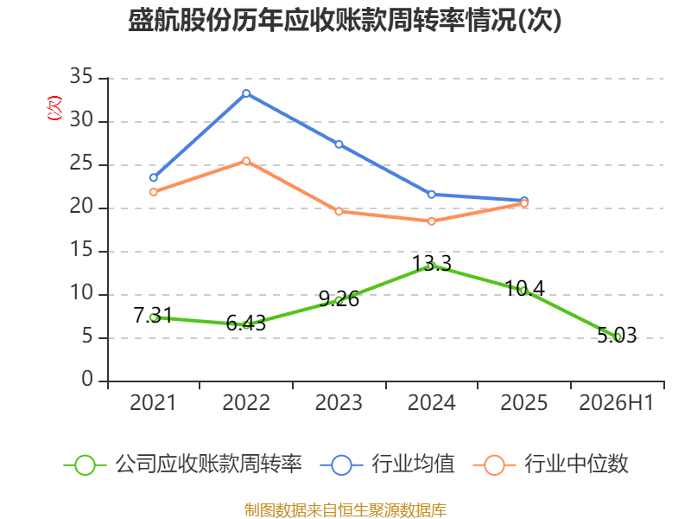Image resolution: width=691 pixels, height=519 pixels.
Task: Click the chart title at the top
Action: (x=345, y=20)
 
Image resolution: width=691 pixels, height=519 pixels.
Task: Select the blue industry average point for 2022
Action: (x=246, y=93)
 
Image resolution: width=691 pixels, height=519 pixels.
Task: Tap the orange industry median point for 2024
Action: (x=431, y=221)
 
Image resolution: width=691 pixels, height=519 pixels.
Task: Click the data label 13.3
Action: (x=432, y=264)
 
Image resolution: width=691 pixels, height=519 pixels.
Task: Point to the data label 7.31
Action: (x=153, y=315)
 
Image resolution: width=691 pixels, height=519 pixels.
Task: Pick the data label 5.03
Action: (x=617, y=336)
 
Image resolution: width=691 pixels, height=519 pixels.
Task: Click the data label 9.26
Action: (x=339, y=299)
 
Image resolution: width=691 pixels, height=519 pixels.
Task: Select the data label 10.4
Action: (x=524, y=289)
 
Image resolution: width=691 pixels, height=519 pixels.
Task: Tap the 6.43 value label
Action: (x=246, y=323)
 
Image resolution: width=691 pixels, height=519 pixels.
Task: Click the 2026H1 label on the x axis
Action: (x=617, y=402)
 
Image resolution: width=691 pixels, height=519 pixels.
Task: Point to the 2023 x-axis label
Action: (x=339, y=402)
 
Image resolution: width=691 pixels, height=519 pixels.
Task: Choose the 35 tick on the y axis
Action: (x=81, y=76)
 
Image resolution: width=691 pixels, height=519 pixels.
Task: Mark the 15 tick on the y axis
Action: (x=81, y=250)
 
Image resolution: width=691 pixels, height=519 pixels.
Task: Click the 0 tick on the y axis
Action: (x=87, y=379)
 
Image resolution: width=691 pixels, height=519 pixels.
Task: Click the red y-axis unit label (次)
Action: (x=54, y=107)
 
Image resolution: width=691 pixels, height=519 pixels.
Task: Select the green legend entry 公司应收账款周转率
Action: (x=183, y=465)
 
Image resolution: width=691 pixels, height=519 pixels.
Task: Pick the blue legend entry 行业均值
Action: (x=387, y=465)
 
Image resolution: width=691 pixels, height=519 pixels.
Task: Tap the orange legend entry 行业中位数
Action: (x=550, y=465)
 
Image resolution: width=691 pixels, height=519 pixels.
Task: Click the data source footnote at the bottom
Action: (x=345, y=510)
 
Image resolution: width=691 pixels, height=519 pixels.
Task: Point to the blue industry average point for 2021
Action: (x=154, y=177)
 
